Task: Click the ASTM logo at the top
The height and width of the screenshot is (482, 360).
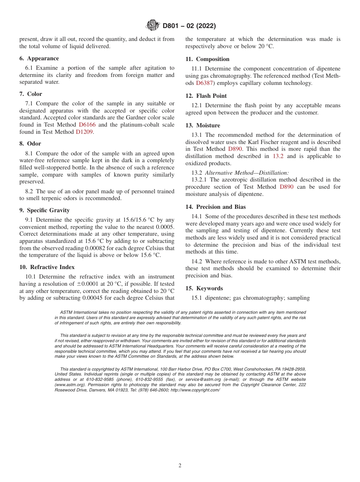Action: [x=153, y=26]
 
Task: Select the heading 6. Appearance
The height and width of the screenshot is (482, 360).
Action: [x=39, y=58]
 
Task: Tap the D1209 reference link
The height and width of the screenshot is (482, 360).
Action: [x=84, y=132]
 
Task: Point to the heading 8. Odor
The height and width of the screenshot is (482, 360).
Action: [x=30, y=144]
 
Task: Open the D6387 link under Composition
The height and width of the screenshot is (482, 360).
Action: [x=205, y=83]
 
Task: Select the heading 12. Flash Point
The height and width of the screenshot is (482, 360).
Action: [x=206, y=96]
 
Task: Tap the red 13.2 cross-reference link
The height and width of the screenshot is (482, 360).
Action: [x=278, y=156]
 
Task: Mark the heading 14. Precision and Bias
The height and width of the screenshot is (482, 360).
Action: [x=215, y=207]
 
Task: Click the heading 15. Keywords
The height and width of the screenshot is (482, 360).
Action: [x=204, y=288]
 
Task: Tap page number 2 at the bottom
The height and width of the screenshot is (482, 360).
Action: [x=180, y=466]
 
